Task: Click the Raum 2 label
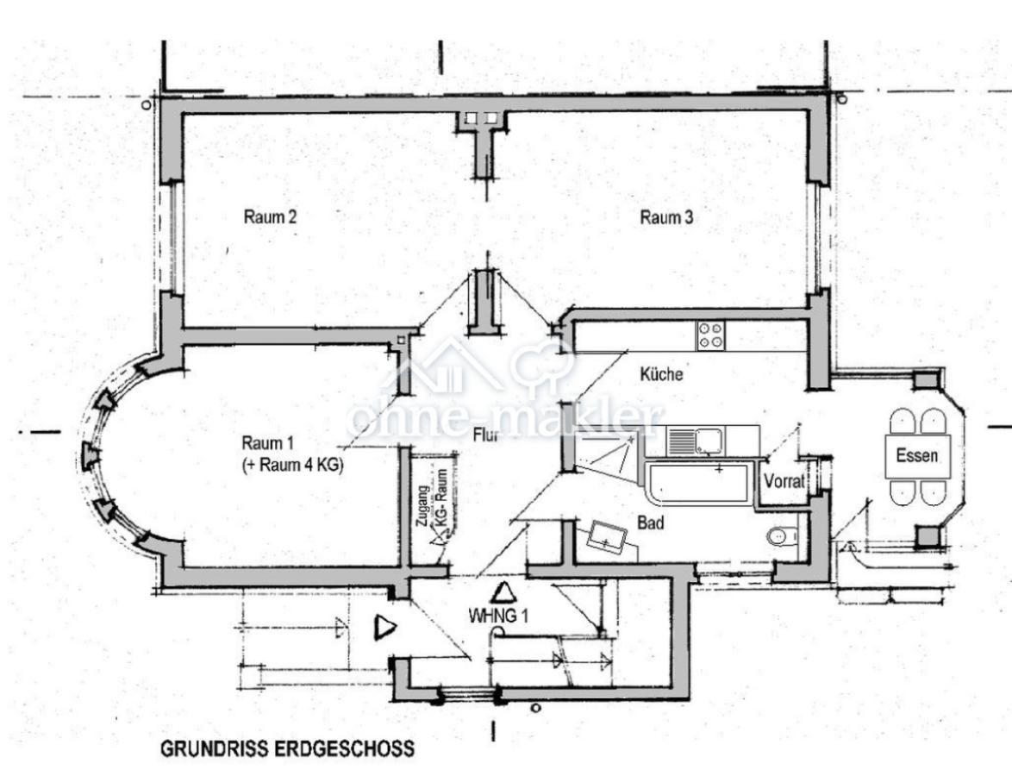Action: pos(271,217)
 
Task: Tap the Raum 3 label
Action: pos(666,218)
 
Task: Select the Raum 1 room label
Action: pos(268,443)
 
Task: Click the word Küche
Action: pos(662,374)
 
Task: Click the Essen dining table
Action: pos(917,456)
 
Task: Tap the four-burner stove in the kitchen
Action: pos(711,335)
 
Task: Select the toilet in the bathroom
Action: pos(781,537)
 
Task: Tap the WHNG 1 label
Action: pos(497,616)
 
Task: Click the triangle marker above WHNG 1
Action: pos(502,593)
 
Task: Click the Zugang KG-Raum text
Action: pos(431,504)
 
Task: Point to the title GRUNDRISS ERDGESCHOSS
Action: pos(286,748)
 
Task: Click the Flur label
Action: pos(487,435)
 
